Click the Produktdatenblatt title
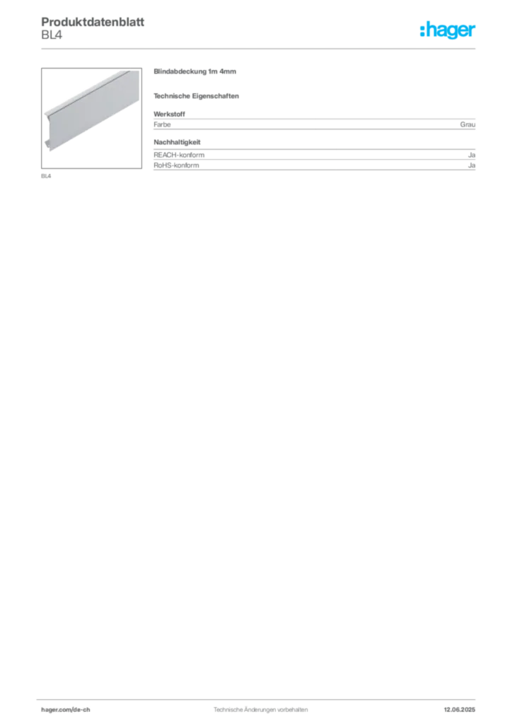pos(93,22)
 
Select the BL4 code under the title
pos(52,35)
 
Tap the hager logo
pos(448,30)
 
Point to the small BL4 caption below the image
pos(46,176)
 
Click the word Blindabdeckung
pos(180,71)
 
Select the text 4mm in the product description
pos(228,71)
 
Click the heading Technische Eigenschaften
pos(196,96)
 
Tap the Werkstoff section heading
pos(170,114)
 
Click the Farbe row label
pos(162,124)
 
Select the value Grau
pos(467,124)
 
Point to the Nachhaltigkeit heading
pos(178,142)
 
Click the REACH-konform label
pos(179,155)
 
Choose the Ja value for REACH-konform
pos(472,155)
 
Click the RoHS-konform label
pos(176,165)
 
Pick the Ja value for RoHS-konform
pos(472,165)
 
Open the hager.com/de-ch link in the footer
pos(66,710)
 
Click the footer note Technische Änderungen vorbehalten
pos(260,710)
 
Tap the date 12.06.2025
pos(460,710)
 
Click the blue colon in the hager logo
pos(422,30)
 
